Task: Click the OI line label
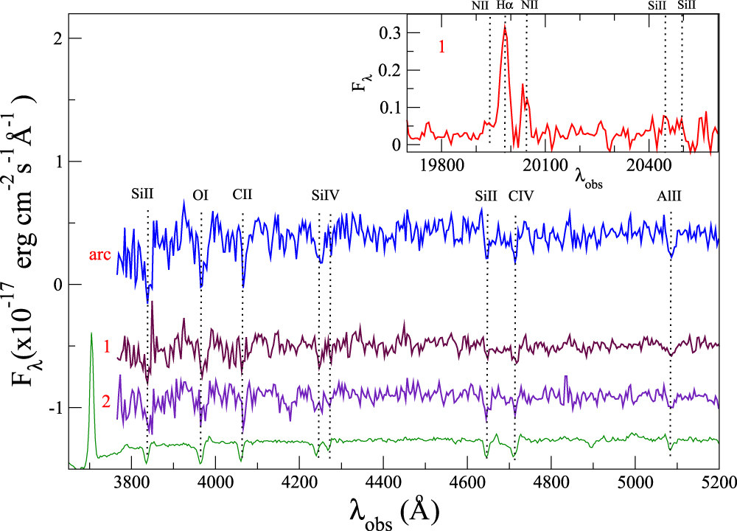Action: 200,195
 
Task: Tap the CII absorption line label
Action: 242,195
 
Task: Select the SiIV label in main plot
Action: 325,195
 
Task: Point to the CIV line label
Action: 520,195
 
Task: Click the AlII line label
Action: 670,195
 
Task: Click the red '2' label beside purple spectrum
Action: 106,402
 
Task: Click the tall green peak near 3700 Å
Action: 91,336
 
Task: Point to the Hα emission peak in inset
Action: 505,27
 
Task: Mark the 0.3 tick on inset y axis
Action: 390,33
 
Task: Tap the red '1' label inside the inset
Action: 442,47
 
